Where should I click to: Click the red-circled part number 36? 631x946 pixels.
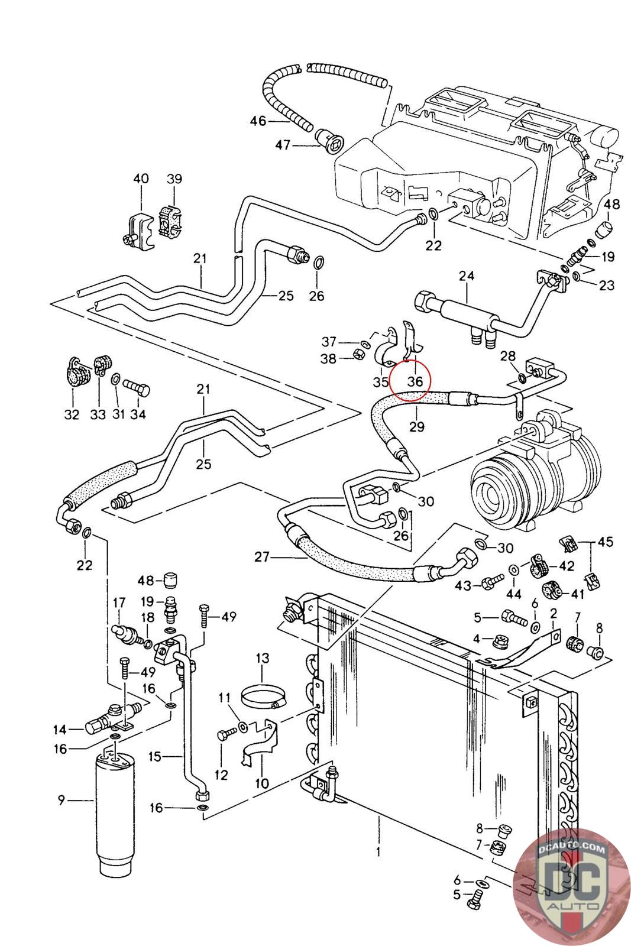415,381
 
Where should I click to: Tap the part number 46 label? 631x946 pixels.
258,121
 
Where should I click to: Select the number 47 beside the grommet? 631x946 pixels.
283,144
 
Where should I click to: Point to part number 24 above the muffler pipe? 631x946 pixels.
467,276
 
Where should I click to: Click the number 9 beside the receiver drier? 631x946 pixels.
60,801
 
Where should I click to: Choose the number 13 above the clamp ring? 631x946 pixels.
262,658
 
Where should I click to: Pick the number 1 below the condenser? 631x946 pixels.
378,851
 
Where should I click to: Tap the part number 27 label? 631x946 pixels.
262,556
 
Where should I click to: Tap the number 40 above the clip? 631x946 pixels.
141,179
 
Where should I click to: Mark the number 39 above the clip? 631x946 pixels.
174,179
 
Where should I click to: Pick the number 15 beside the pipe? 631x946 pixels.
155,756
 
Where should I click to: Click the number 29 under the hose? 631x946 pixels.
417,426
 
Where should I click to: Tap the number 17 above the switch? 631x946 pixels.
119,603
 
